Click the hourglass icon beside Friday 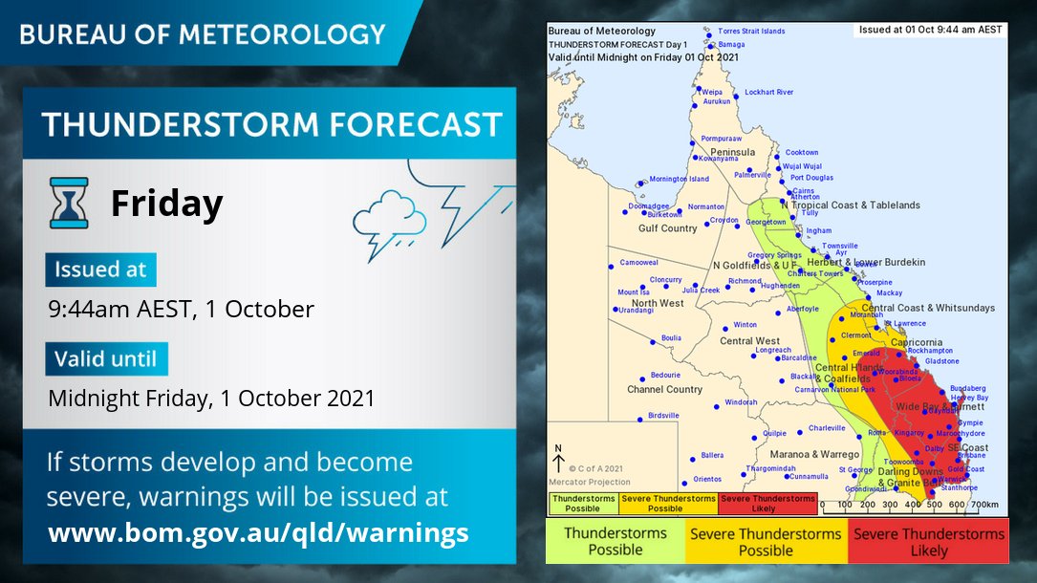click(69, 203)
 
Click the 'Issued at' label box click(100, 270)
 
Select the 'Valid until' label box click(106, 359)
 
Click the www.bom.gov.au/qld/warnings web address click(258, 531)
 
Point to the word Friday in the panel click(166, 204)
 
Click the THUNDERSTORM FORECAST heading click(271, 124)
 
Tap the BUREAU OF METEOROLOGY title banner click(202, 34)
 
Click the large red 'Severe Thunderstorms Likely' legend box click(928, 542)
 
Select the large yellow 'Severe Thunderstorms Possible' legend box click(766, 542)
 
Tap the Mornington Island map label click(679, 179)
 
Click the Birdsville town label click(663, 416)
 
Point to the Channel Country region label click(664, 390)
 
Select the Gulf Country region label click(667, 228)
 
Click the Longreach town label click(773, 351)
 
